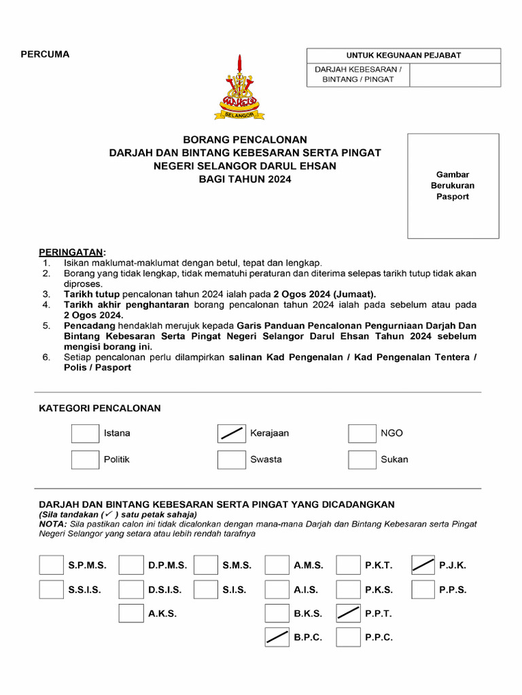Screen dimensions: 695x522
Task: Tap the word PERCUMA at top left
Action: pyautogui.click(x=45, y=54)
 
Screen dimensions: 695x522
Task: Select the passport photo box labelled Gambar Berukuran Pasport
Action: pyautogui.click(x=453, y=186)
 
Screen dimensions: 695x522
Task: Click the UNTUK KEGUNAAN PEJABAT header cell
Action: pyautogui.click(x=404, y=56)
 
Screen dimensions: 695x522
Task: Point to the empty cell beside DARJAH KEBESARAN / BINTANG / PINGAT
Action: pyautogui.click(x=455, y=75)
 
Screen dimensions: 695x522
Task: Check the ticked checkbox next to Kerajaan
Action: pyautogui.click(x=231, y=434)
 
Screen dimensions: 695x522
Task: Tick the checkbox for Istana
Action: pyautogui.click(x=85, y=434)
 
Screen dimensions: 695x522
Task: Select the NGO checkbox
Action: pyautogui.click(x=362, y=434)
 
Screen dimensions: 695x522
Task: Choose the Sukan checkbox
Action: pyautogui.click(x=362, y=459)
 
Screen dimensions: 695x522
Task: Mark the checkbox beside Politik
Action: pyautogui.click(x=85, y=459)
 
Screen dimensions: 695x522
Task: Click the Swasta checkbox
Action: pyautogui.click(x=231, y=459)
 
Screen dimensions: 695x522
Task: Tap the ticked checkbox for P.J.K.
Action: pyautogui.click(x=423, y=565)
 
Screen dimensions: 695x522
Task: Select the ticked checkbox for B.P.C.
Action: pyautogui.click(x=277, y=637)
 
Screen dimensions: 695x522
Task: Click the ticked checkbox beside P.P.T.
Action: pyautogui.click(x=348, y=614)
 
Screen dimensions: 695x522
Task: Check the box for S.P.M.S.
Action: pyautogui.click(x=51, y=565)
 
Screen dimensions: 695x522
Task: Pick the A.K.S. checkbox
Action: pyautogui.click(x=130, y=614)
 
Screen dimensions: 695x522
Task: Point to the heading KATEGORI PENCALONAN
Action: pyautogui.click(x=99, y=408)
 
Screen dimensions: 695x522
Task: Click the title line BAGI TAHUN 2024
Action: pyautogui.click(x=245, y=179)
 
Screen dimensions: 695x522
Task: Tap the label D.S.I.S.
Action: pyautogui.click(x=164, y=590)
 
